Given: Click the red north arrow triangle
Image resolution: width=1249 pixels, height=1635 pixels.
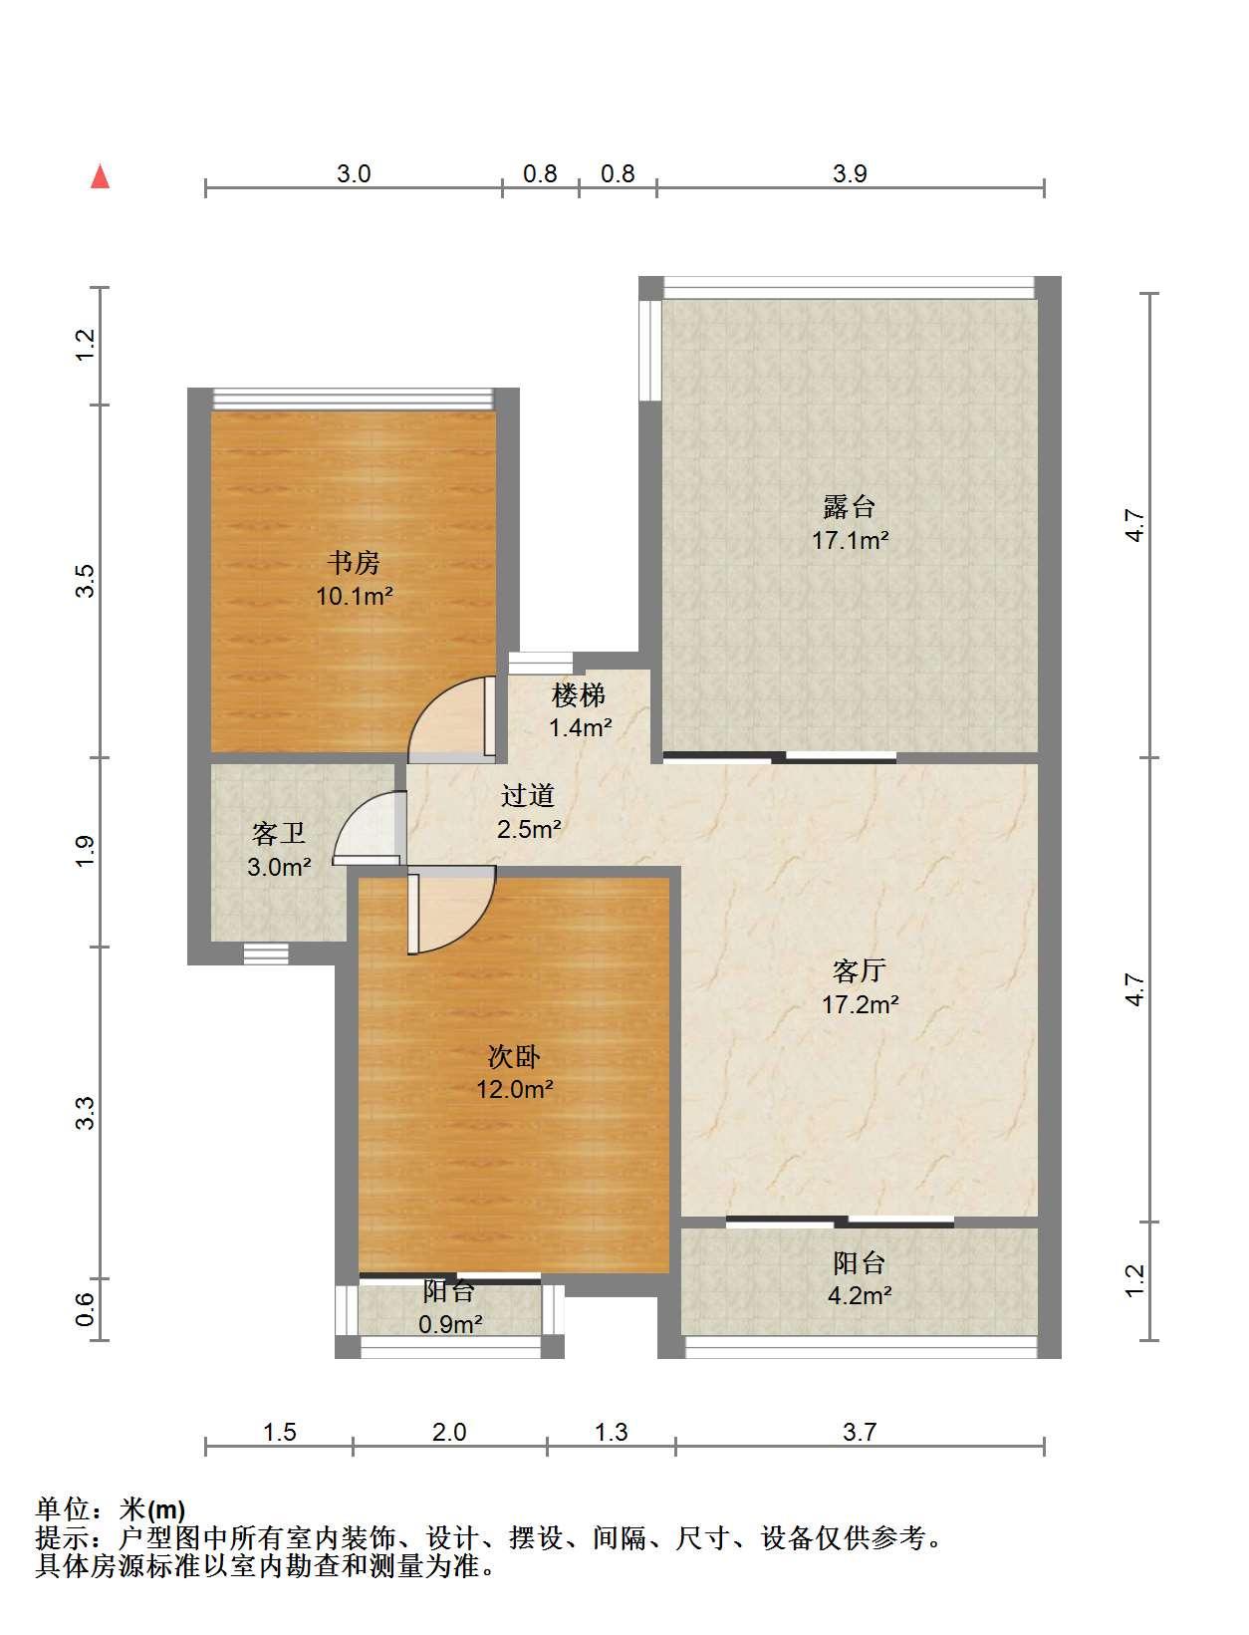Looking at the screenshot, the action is [x=101, y=177].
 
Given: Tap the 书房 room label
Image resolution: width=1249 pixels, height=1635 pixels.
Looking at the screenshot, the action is [x=354, y=562].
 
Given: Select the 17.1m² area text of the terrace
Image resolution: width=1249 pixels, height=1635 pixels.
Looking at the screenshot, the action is [x=850, y=540].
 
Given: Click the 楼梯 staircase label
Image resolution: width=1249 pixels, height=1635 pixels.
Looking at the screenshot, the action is [x=579, y=695].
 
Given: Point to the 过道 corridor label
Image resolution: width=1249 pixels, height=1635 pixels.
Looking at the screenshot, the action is [x=528, y=795].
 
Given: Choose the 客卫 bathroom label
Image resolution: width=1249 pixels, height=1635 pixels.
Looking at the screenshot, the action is [x=278, y=834].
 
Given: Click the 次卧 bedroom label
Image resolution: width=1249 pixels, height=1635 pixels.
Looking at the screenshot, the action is [x=514, y=1056].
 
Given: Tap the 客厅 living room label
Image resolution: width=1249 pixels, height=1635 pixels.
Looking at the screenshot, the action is [x=859, y=971].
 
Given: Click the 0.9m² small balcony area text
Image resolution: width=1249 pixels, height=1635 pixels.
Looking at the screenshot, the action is [x=450, y=1324].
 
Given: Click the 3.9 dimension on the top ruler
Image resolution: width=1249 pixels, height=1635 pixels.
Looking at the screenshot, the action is [x=850, y=173].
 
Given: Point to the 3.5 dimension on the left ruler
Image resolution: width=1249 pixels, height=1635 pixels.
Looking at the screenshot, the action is [x=86, y=581].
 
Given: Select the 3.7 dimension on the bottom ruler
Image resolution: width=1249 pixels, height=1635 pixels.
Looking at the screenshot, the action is [x=860, y=1432].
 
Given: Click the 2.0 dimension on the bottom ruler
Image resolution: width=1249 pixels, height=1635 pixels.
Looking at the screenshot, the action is [x=449, y=1432].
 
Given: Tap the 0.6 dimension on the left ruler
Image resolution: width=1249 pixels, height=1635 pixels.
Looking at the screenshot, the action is [x=86, y=1309].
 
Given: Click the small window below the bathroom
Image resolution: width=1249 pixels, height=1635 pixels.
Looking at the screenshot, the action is [x=266, y=954].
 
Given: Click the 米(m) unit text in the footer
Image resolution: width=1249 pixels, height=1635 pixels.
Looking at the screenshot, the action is [x=151, y=1509].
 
